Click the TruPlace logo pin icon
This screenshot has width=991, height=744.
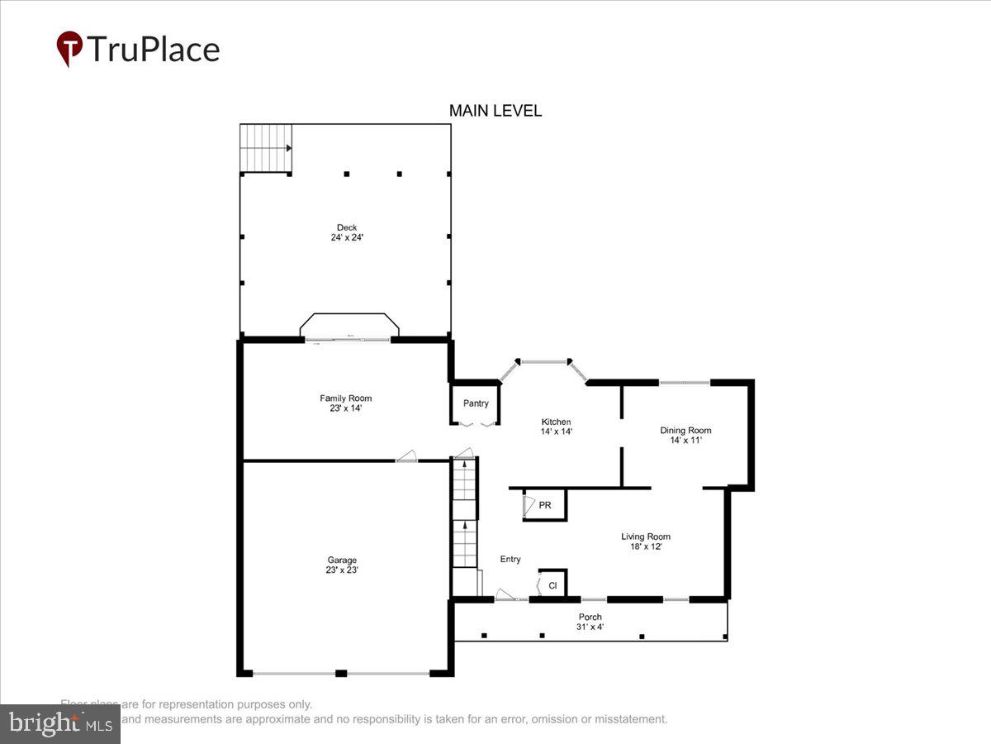pyautogui.click(x=69, y=49)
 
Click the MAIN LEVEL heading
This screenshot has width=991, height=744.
pyautogui.click(x=495, y=111)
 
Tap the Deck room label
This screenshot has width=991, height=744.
pyautogui.click(x=347, y=227)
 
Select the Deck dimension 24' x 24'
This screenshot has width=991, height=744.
pyautogui.click(x=347, y=238)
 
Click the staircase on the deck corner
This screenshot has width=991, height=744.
pyautogui.click(x=265, y=149)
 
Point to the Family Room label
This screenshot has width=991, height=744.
pyautogui.click(x=345, y=398)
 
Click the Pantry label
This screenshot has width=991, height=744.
pyautogui.click(x=476, y=403)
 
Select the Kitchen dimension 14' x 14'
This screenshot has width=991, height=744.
pyautogui.click(x=556, y=432)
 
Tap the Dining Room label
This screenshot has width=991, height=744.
pyautogui.click(x=685, y=430)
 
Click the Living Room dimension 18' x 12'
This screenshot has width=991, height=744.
pyautogui.click(x=646, y=546)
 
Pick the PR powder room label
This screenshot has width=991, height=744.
pyautogui.click(x=545, y=505)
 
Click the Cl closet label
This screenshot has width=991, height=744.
pyautogui.click(x=552, y=586)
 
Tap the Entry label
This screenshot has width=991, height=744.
pyautogui.click(x=510, y=560)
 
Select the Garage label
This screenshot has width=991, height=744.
pyautogui.click(x=342, y=560)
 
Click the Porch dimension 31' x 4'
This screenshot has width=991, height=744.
pyautogui.click(x=590, y=627)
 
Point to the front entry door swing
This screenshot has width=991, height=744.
pyautogui.click(x=504, y=594)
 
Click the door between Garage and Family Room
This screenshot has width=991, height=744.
pyautogui.click(x=405, y=456)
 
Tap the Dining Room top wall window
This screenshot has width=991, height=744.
pyautogui.click(x=685, y=383)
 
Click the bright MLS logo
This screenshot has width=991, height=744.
pyautogui.click(x=59, y=723)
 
